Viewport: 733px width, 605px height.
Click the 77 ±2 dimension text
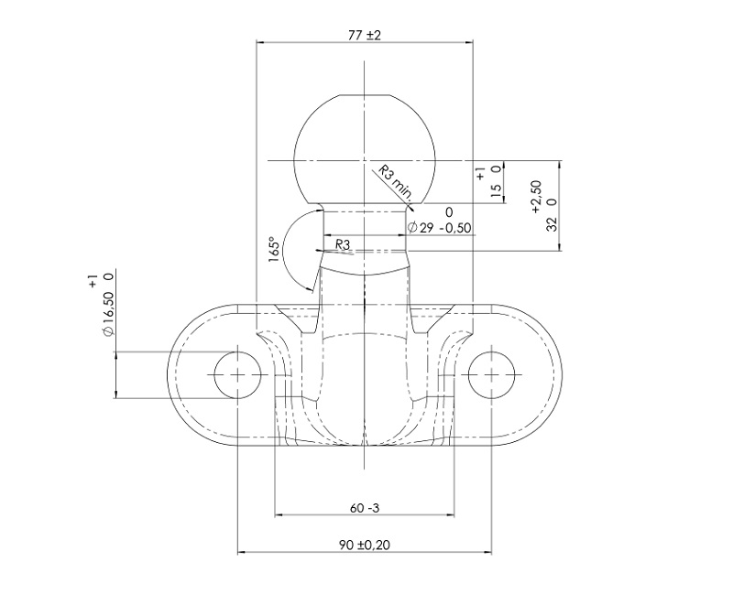365,35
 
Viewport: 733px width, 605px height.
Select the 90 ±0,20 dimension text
364,545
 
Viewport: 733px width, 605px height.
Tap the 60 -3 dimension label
364,507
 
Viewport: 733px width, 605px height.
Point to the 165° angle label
276,249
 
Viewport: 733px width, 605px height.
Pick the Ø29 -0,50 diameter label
439,228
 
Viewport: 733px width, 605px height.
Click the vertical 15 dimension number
496,189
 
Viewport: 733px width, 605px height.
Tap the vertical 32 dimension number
552,224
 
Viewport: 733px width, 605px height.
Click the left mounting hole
237,374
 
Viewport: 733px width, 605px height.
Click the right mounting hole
491,374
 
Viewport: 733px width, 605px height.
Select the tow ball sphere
364,149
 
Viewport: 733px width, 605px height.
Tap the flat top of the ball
364,95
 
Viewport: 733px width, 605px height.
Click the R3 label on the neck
343,244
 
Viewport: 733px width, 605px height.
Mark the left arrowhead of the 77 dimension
260,42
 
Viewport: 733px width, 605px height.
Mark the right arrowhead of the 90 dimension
488,553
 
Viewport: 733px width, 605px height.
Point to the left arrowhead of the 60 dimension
279,515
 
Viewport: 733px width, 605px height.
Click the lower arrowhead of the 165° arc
311,290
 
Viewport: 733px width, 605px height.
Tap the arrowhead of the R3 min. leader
410,208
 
